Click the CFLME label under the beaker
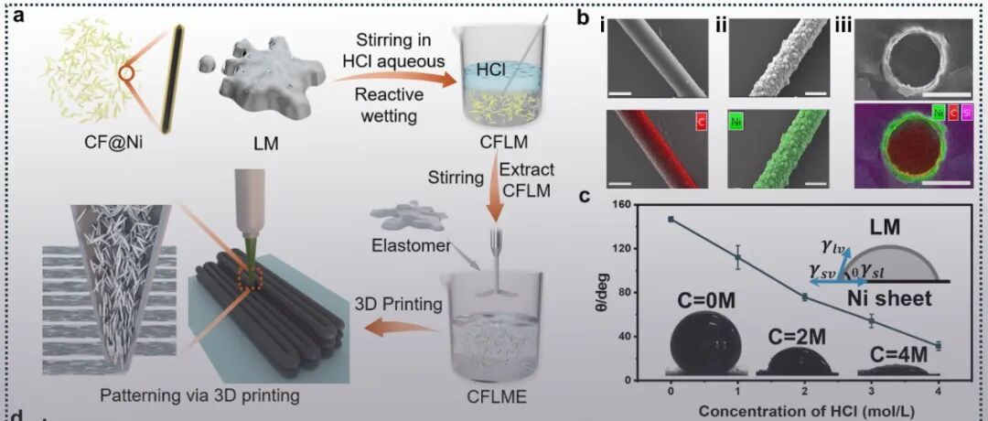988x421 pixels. click(494, 396)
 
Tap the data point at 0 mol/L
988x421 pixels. click(671, 219)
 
